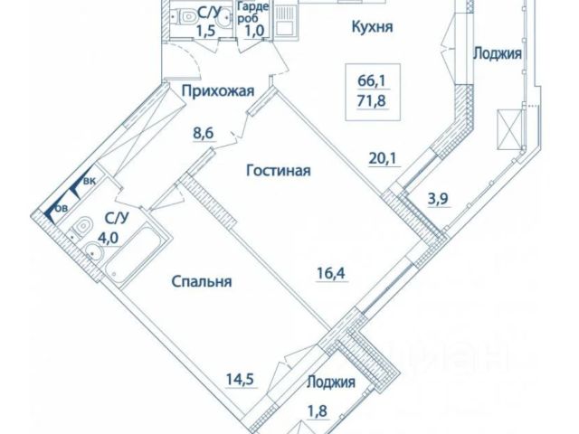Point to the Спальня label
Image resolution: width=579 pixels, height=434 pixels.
coord(202,282)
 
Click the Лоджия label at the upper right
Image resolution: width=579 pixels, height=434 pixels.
coord(497,53)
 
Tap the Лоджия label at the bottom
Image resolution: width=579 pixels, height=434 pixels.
coord(330,382)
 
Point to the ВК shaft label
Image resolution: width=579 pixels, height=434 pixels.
coord(90,182)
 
